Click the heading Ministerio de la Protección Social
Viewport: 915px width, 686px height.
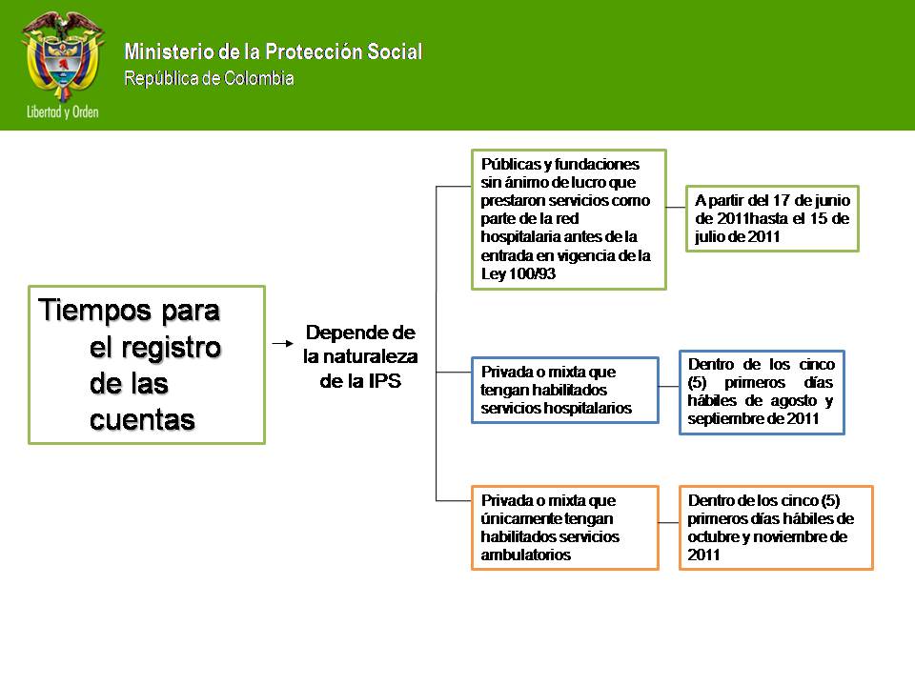point(273,52)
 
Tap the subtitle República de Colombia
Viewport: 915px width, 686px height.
point(209,78)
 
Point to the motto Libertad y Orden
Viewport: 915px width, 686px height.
point(63,111)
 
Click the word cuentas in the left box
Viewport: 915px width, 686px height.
point(142,419)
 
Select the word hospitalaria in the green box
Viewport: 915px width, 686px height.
point(524,236)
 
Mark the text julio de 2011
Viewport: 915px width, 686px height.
point(738,236)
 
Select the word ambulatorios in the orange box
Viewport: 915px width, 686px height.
point(526,555)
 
